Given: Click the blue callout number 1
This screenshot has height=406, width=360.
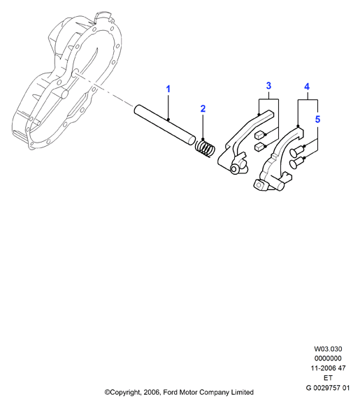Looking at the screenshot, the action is click(x=168, y=89).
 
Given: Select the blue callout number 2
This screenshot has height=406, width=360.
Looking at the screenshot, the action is click(x=203, y=109).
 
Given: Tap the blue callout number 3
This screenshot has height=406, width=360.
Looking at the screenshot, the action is click(x=268, y=85).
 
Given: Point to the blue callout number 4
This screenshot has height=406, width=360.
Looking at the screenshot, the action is click(x=307, y=87).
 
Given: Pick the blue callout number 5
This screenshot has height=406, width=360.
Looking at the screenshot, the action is click(x=318, y=119).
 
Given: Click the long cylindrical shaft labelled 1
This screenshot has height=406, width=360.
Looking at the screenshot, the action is click(x=165, y=124).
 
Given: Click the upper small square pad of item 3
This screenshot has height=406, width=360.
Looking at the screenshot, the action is click(x=259, y=135).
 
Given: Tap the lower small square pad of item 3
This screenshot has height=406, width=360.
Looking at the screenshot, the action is click(x=259, y=147).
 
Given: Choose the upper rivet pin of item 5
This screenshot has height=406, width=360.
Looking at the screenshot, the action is click(x=296, y=152).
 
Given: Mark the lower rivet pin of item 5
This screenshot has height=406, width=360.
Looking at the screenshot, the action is click(x=297, y=163).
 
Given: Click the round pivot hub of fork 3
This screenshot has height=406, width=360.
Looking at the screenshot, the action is click(x=236, y=169).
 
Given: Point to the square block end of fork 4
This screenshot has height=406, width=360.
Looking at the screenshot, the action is click(x=259, y=185).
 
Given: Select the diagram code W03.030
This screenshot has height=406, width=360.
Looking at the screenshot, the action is click(x=328, y=349).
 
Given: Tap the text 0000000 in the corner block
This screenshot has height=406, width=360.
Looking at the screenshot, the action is click(x=328, y=358).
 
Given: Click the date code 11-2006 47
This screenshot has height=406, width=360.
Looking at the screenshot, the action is click(x=328, y=368).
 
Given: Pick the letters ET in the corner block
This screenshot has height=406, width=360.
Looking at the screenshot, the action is click(x=328, y=378).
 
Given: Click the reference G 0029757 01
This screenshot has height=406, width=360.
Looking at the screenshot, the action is click(x=328, y=388).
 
